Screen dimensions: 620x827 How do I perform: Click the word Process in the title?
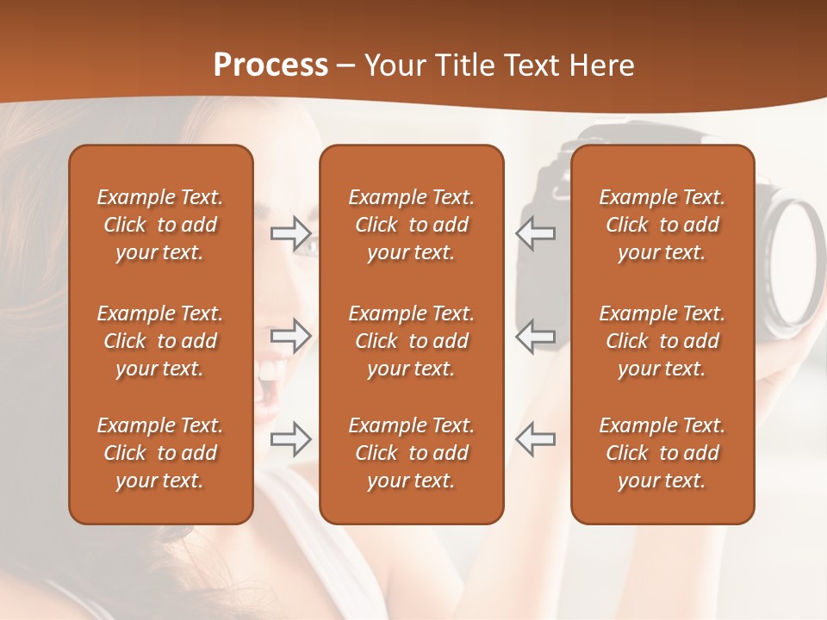point(270,65)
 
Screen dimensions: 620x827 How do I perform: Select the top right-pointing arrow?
point(290,233)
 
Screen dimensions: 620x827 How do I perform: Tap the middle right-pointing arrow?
point(290,336)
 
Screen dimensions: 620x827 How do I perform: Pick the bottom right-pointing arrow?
point(290,438)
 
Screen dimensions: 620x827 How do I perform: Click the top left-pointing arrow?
point(535,233)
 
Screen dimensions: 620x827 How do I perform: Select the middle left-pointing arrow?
point(535,336)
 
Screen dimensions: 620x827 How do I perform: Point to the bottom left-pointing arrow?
point(535,438)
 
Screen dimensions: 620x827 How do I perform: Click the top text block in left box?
point(160,225)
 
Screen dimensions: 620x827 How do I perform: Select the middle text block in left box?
point(160,341)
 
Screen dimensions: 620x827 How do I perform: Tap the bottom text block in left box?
point(160,453)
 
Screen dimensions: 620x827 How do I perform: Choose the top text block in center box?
point(411,225)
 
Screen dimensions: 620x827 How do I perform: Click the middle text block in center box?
point(411,341)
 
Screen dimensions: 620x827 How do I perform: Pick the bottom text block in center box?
point(411,453)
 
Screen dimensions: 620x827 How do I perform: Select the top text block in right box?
point(662,225)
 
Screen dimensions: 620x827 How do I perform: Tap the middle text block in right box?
point(662,341)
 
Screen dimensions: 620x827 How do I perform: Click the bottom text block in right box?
point(662,453)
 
